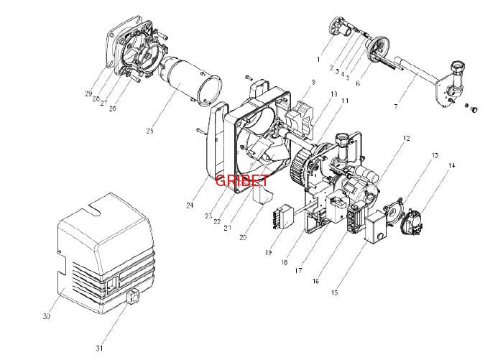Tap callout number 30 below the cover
pos(47,316)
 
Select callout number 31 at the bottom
pos(100,349)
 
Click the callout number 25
pos(149,131)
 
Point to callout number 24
pos(190,206)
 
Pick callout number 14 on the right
pos(451,166)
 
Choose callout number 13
pos(435,155)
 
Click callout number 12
pos(406,138)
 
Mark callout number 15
pos(335,293)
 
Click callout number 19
pos(268,252)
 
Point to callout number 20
pos(243,237)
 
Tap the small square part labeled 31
pos(132,296)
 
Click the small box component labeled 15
pos(374,231)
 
